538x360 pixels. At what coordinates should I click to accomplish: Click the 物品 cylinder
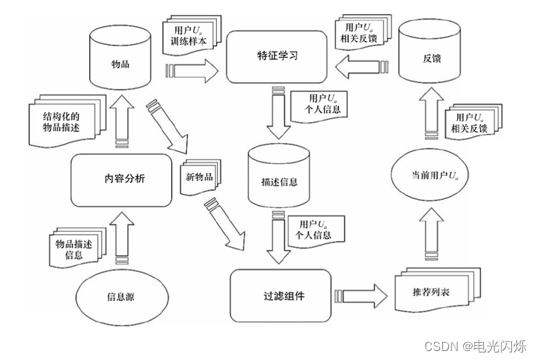click(x=120, y=64)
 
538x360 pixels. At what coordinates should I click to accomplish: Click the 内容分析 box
click(x=120, y=179)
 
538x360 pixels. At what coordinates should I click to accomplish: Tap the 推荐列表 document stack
click(x=426, y=291)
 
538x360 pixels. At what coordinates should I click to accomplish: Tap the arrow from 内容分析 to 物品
click(x=120, y=126)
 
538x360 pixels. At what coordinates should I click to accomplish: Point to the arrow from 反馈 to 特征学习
click(x=358, y=70)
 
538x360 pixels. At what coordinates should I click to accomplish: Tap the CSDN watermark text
click(x=475, y=346)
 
